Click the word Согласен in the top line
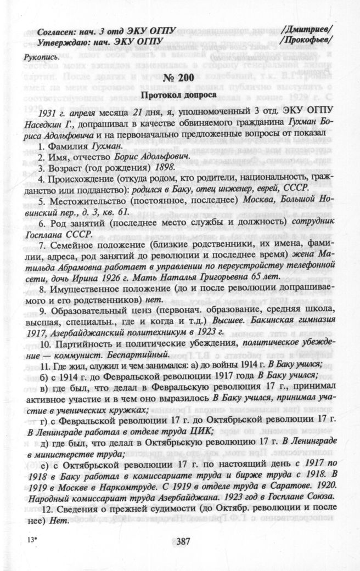point(57,30)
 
